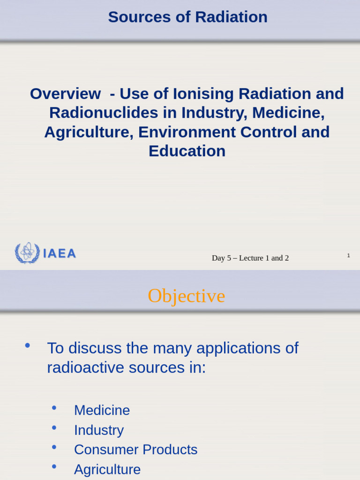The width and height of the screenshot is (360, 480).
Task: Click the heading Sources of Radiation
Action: pyautogui.click(x=187, y=17)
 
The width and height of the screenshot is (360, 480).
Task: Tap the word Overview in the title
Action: pyautogui.click(x=65, y=94)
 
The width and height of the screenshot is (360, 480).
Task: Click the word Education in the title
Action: pyautogui.click(x=187, y=151)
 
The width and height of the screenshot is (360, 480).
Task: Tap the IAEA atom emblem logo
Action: pyautogui.click(x=27, y=253)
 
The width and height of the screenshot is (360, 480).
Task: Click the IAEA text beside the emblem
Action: pyautogui.click(x=60, y=254)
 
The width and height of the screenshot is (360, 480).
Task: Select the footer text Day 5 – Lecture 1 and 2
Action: pyautogui.click(x=250, y=258)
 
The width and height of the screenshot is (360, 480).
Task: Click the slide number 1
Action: pyautogui.click(x=348, y=255)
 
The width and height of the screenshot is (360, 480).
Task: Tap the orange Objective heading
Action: pyautogui.click(x=187, y=296)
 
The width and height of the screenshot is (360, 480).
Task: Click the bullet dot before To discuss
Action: pyautogui.click(x=27, y=346)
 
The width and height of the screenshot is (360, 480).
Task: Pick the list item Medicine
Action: pyautogui.click(x=102, y=411)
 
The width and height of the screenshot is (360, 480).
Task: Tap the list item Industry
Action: pyautogui.click(x=99, y=430)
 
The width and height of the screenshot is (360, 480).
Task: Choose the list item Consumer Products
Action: pyautogui.click(x=135, y=450)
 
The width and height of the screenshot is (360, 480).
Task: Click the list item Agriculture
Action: pyautogui.click(x=107, y=470)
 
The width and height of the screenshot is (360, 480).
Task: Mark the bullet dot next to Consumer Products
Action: pyautogui.click(x=54, y=447)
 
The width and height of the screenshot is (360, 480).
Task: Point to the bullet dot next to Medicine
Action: pyautogui.click(x=54, y=408)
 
